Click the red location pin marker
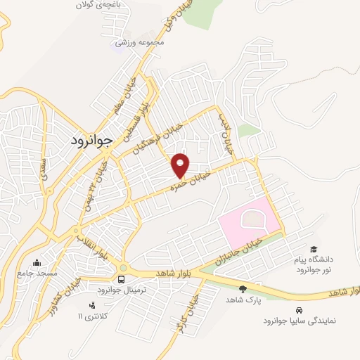[181, 165]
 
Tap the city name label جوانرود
[91, 140]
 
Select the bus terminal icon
[122, 279]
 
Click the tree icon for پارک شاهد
[243, 289]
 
